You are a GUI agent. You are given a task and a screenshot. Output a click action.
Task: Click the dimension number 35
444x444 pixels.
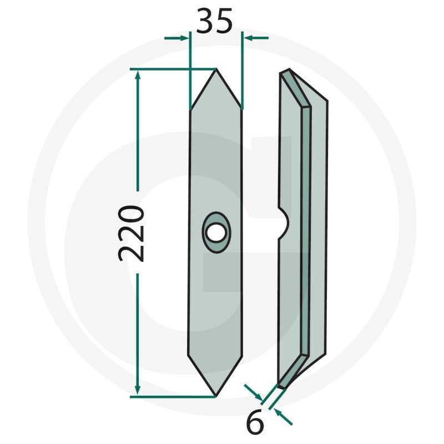[x=214, y=21]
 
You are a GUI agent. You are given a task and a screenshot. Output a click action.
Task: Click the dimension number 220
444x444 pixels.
[x=131, y=233]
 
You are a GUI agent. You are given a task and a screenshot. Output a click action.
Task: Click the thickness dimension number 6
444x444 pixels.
[x=255, y=423]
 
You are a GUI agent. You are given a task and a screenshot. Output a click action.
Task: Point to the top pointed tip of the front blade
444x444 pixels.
[x=216, y=69]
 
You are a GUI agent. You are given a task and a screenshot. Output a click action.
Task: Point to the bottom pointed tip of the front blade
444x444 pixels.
[x=215, y=396]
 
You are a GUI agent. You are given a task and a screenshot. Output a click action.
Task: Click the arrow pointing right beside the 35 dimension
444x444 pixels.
[x=176, y=38]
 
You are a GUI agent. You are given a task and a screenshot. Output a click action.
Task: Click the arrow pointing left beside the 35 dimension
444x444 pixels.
[x=256, y=38]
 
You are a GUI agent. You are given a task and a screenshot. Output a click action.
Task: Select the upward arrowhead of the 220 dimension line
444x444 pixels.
[x=138, y=77]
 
